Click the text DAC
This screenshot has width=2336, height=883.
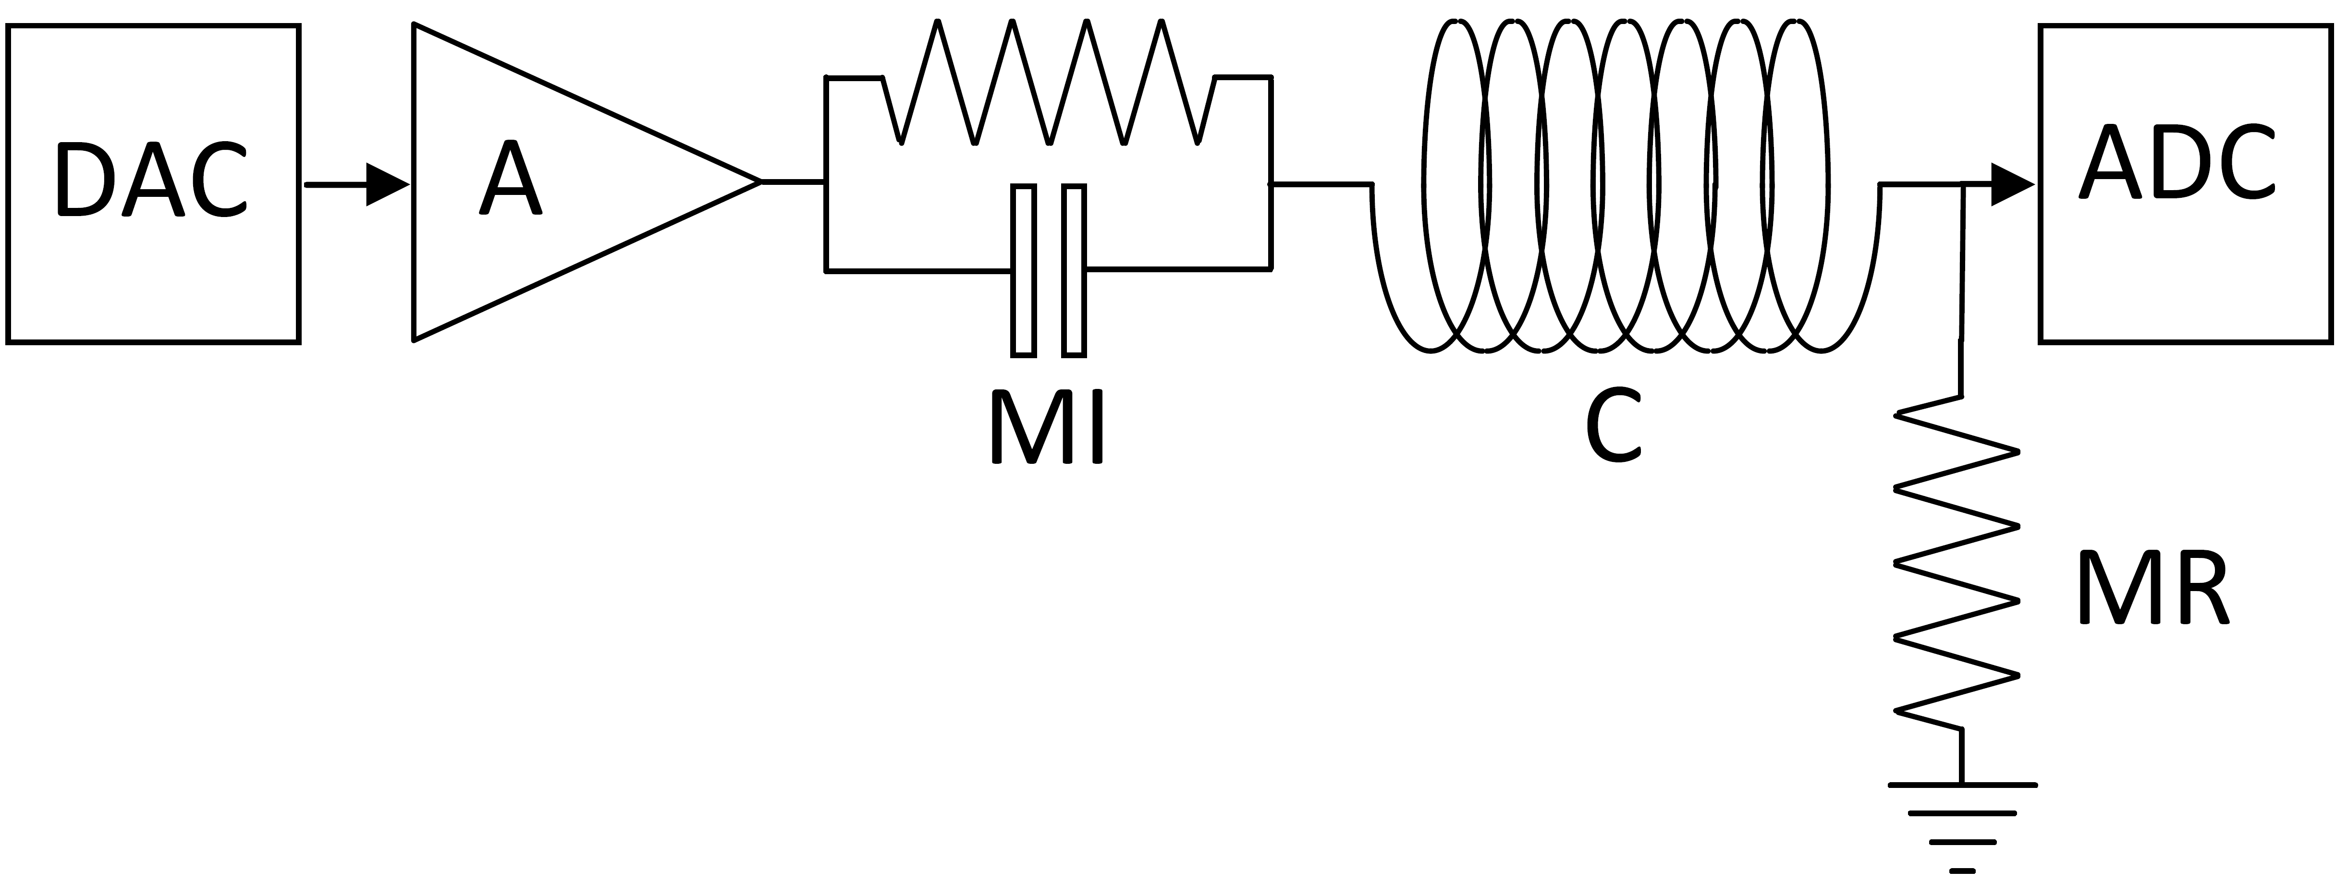click(x=152, y=180)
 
